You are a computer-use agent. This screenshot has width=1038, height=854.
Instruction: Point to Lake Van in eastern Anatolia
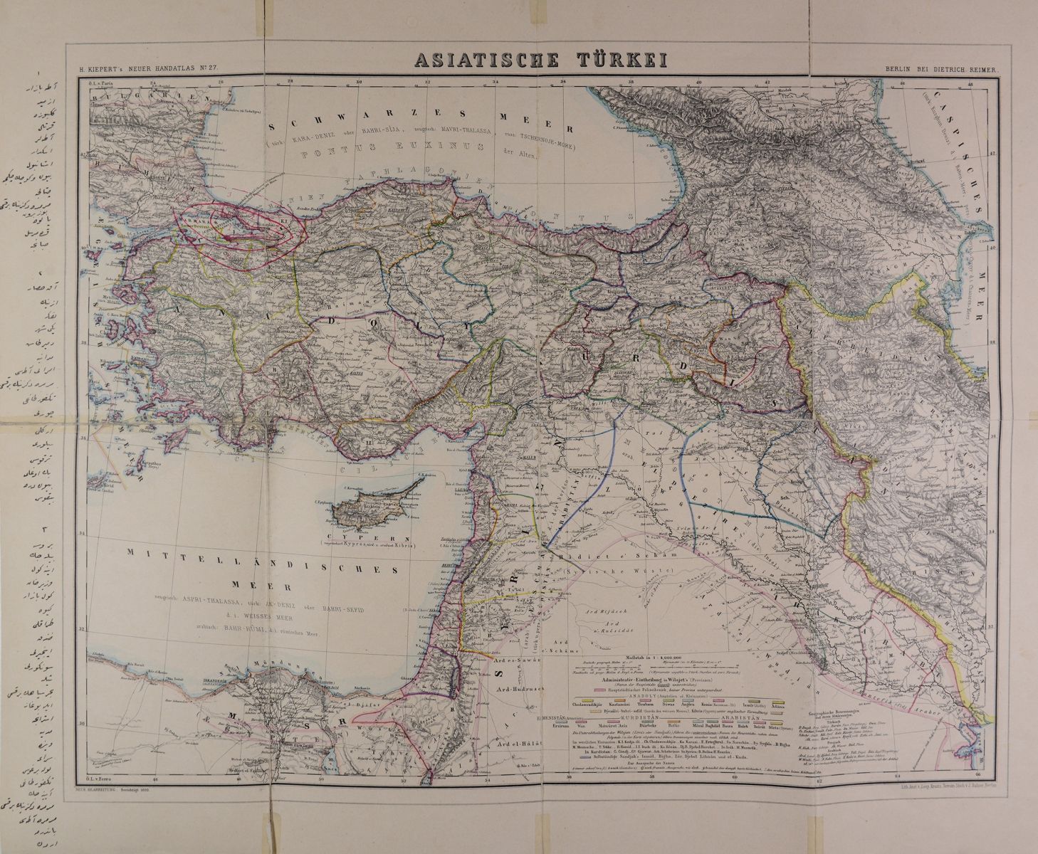click(740, 334)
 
